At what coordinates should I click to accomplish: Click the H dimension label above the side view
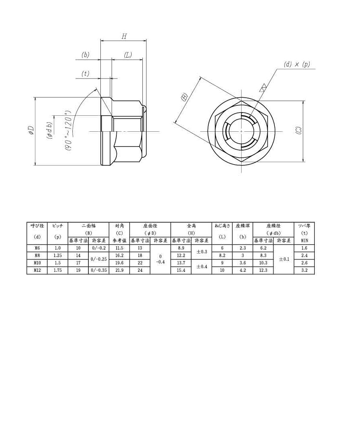point(124,36)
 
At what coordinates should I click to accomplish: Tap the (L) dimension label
point(128,55)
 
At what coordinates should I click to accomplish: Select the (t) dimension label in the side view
point(85,74)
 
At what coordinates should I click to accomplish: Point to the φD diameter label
point(30,131)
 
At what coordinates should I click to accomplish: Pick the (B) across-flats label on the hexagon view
point(184,97)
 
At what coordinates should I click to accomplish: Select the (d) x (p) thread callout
point(297,64)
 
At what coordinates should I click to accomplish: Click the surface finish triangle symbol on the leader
point(263,88)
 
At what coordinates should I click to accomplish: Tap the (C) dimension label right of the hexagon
point(298,131)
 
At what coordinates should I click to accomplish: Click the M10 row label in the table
point(37,263)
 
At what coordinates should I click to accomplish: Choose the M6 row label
point(37,248)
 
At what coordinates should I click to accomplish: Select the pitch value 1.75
point(58,270)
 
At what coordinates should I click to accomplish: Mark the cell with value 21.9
point(119,270)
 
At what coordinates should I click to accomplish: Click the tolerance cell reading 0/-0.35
point(98,270)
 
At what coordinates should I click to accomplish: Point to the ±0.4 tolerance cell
point(201,267)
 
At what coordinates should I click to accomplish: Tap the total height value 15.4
point(181,270)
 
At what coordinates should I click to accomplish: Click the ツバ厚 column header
point(304,226)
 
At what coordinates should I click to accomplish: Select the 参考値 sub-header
point(119,241)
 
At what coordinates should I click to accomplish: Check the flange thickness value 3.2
point(304,270)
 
